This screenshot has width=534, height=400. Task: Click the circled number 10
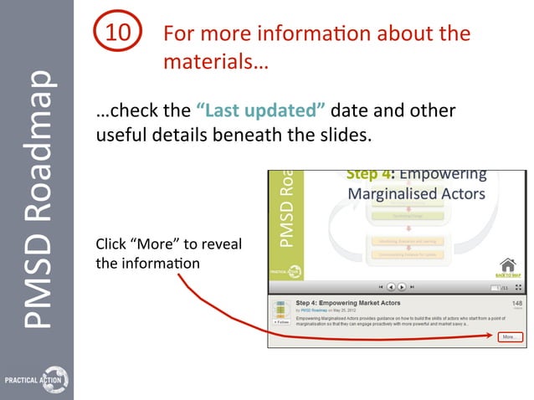(x=118, y=34)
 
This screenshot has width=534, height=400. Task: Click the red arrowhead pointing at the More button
(x=494, y=337)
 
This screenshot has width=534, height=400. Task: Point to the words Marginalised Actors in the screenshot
(x=416, y=193)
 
